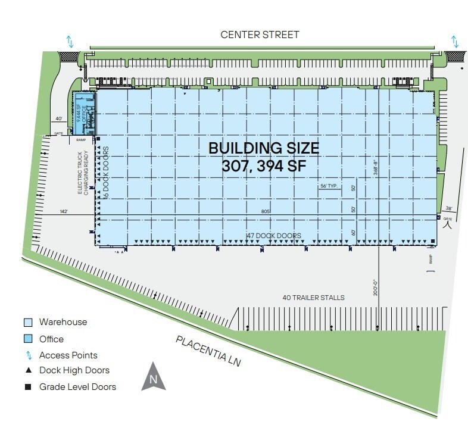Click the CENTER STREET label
tap(260, 35)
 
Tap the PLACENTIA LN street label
tap(208, 350)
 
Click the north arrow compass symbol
tap(153, 377)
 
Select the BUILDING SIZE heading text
tap(263, 148)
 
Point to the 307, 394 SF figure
tap(263, 166)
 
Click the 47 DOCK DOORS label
tap(273, 236)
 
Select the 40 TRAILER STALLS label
tap(313, 298)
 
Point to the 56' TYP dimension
tap(329, 186)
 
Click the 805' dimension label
tap(266, 211)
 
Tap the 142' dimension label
tap(64, 211)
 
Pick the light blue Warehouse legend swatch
tap(28, 323)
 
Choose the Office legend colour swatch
tap(28, 339)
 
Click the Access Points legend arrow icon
tap(28, 355)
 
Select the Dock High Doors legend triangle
tap(28, 370)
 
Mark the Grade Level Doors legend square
tap(28, 387)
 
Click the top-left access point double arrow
tap(70, 41)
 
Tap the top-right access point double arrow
tap(455, 41)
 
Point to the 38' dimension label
tap(449, 208)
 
